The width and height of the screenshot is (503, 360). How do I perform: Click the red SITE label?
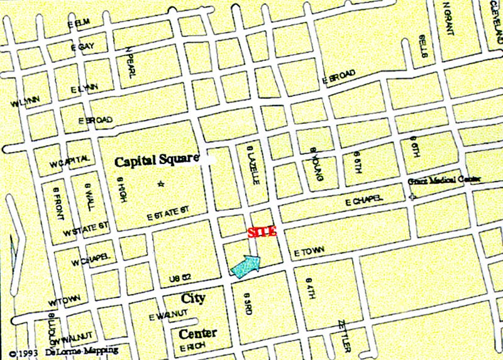click(262, 232)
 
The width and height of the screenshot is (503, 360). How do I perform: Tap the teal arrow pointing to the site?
click(246, 266)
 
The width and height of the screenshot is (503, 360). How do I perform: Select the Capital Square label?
click(157, 161)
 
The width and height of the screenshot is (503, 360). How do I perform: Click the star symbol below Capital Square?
click(161, 184)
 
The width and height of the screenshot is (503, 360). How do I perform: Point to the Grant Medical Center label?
click(444, 180)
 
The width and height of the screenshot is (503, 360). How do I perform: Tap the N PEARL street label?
click(130, 62)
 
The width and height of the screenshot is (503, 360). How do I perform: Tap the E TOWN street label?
click(309, 251)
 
